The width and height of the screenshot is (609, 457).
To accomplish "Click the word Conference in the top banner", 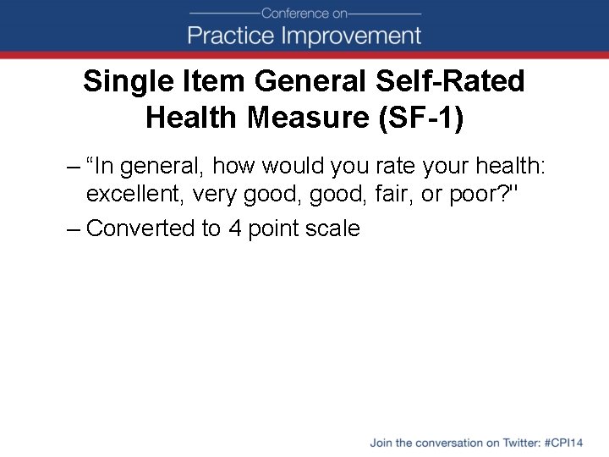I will pyautogui.click(x=293, y=14).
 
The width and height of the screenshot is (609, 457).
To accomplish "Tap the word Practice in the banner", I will pyautogui.click(x=228, y=36).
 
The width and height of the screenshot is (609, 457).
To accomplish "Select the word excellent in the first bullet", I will pyautogui.click(x=135, y=194).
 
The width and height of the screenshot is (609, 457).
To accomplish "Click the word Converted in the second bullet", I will pyautogui.click(x=140, y=228).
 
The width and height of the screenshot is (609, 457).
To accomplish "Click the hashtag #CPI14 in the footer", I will pyautogui.click(x=565, y=443).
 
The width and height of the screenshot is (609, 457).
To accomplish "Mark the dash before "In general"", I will pyautogui.click(x=74, y=167).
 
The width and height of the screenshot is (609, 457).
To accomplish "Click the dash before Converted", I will pyautogui.click(x=74, y=228).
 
